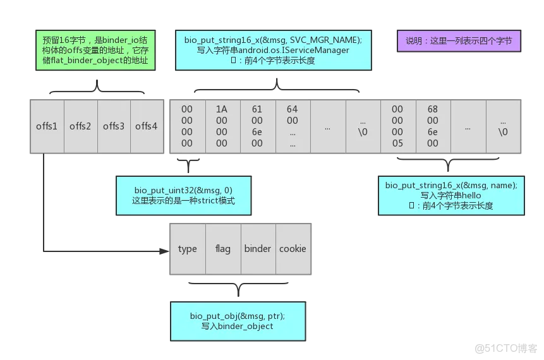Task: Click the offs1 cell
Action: (47, 126)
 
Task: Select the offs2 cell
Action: (80, 126)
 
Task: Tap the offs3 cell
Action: (114, 126)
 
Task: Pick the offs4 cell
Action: (147, 126)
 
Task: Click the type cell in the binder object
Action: (188, 249)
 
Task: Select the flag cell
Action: (223, 249)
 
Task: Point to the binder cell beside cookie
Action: (258, 249)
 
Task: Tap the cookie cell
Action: (293, 249)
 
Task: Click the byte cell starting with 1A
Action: (222, 126)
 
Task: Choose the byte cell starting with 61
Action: (257, 126)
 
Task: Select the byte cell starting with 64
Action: (292, 126)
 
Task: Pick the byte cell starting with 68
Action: (432, 126)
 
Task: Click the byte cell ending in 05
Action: (397, 126)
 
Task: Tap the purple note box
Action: (459, 41)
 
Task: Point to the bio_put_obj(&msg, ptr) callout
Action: (238, 321)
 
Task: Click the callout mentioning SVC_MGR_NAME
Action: (273, 50)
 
